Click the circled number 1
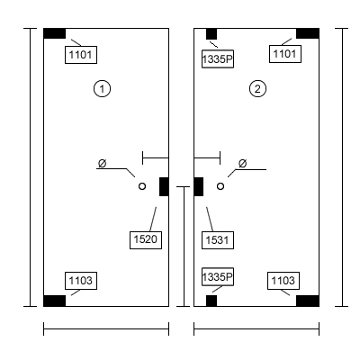point(103,89)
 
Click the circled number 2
point(257,89)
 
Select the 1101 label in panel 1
point(81,55)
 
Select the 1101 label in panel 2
point(285,54)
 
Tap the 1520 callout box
point(146,240)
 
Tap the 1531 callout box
point(218,240)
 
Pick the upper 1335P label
point(218,59)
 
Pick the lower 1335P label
point(218,276)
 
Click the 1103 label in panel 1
point(81,281)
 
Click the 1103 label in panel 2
point(283,281)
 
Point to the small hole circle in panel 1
point(142,186)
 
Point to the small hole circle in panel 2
point(220,186)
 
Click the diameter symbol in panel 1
point(103,164)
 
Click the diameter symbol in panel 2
point(243,164)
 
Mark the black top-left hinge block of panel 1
point(55,33)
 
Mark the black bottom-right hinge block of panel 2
point(308,301)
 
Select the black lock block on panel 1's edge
point(164,186)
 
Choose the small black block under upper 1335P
point(211,34)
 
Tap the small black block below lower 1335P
point(211,301)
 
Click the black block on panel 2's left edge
point(199,186)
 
